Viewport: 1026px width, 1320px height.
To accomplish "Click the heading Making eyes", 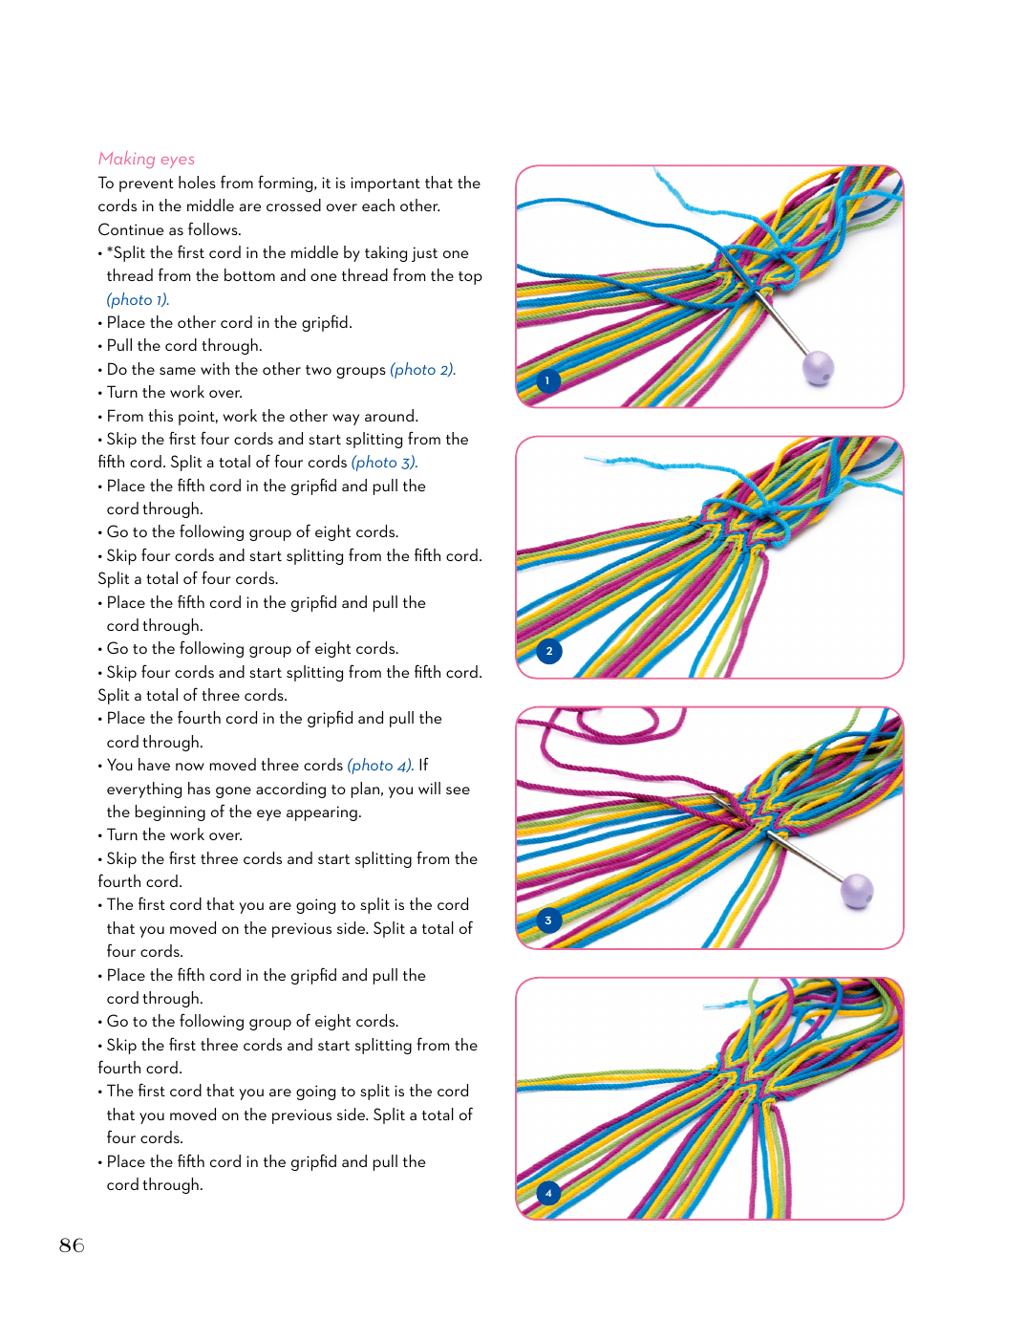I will coord(146,159).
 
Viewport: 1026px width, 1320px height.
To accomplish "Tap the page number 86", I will coord(72,1245).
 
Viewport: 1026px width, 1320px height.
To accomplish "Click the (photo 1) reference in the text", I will coord(138,299).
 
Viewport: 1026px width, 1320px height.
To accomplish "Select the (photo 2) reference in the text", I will coord(422,369).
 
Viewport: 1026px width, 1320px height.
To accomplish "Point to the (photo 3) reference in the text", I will coord(384,463).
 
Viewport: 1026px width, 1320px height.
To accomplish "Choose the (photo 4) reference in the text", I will coord(380,766).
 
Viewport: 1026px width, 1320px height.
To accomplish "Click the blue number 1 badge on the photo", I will coord(547,380).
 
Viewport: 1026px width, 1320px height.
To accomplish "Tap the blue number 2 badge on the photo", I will coord(549,651).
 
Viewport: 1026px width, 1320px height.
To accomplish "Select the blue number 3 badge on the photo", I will coord(548,920).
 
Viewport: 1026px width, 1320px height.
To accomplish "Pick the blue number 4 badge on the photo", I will coord(548,1193).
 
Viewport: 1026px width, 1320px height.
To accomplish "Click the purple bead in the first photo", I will coord(819,367).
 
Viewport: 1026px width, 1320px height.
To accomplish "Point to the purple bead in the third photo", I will coord(857,891).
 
